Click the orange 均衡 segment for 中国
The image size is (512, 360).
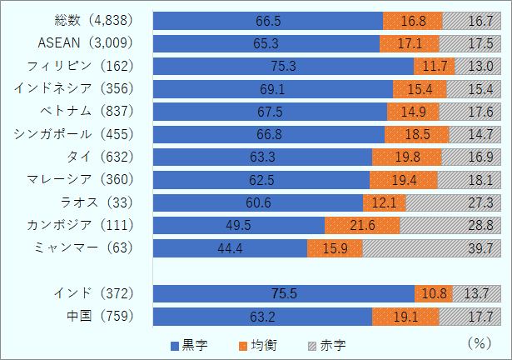pos(405,317)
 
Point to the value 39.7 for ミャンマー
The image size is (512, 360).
pos(482,248)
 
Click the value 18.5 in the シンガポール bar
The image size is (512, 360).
pos(417,134)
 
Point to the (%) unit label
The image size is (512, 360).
pos(480,342)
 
